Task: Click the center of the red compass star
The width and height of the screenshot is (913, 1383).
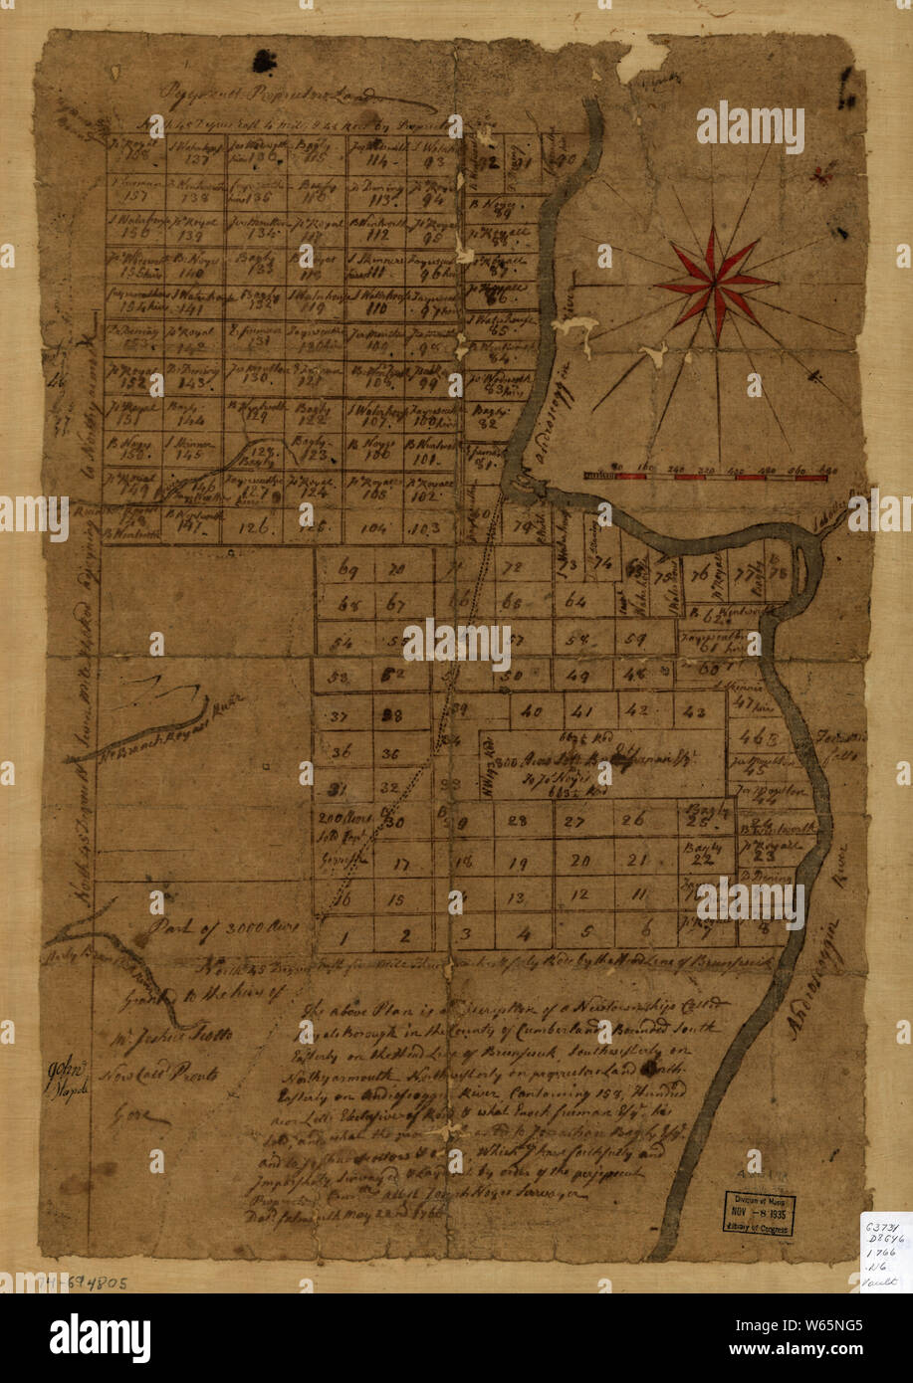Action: (715, 283)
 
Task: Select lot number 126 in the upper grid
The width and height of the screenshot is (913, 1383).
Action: (257, 526)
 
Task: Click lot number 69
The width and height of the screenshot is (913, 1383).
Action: (347, 571)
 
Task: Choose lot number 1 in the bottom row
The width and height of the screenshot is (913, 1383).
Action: (342, 934)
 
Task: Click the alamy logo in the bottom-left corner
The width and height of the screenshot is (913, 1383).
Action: (100, 1338)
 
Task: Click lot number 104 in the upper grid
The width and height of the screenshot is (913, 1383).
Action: (375, 527)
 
